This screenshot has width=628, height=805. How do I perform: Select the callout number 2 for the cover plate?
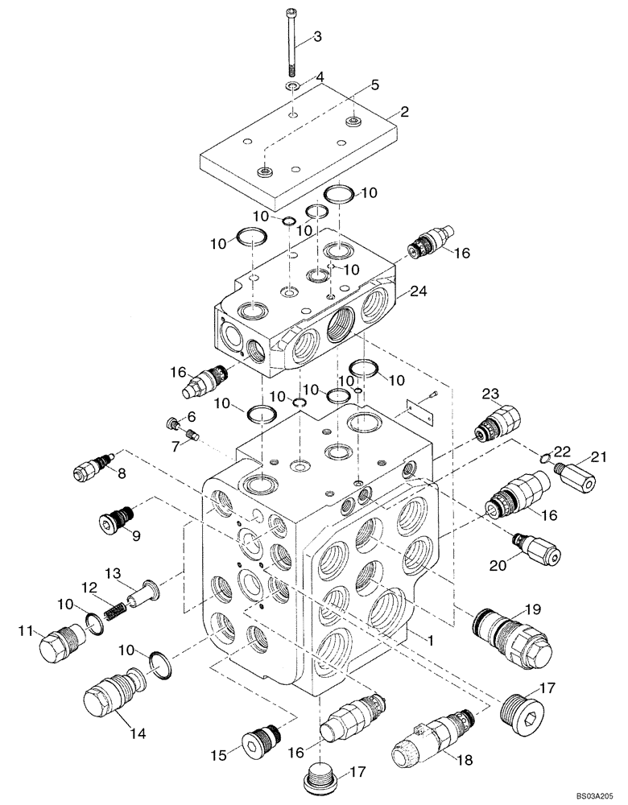[404, 112]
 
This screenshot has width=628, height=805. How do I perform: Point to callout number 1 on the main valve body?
[432, 642]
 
